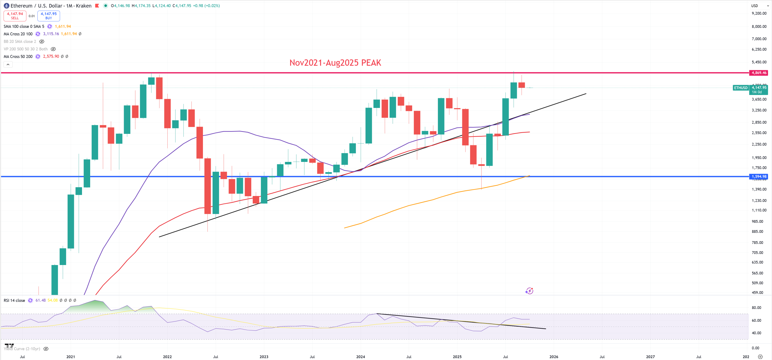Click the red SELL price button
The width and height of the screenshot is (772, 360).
[x=15, y=16]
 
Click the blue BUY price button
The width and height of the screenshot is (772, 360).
[x=49, y=16]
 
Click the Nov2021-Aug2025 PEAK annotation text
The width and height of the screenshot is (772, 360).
[x=335, y=63]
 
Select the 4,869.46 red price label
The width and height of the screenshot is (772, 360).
[x=759, y=73]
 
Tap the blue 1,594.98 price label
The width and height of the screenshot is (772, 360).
[x=759, y=176]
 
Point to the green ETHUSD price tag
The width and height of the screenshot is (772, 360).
[x=741, y=88]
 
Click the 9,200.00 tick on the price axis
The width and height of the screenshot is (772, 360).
[x=759, y=13]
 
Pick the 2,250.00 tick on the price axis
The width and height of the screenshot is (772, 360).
[x=759, y=144]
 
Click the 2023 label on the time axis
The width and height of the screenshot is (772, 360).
[x=264, y=357]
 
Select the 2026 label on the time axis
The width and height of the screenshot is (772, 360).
[x=554, y=357]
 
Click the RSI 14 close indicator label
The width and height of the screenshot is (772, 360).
[x=14, y=300]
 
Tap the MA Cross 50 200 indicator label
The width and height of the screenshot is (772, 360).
[x=18, y=56]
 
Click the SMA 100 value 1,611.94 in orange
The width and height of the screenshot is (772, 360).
[x=63, y=27]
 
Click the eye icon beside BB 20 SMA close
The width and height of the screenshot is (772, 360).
[x=42, y=42]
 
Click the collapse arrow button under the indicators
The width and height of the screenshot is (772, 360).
[x=8, y=64]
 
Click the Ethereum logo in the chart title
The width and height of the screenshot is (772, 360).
[x=6, y=6]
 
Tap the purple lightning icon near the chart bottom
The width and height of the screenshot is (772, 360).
[x=529, y=291]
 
